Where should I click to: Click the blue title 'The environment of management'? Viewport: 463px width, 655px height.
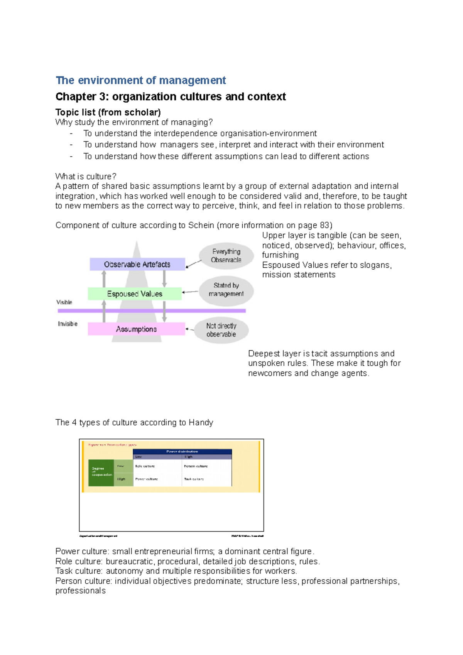(140, 80)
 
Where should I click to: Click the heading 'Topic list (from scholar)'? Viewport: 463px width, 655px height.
(108, 112)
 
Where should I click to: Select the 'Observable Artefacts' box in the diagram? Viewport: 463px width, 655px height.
(137, 264)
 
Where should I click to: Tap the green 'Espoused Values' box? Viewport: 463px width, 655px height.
(134, 294)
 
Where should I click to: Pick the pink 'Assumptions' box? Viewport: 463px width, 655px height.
(136, 329)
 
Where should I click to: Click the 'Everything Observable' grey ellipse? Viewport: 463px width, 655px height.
(226, 256)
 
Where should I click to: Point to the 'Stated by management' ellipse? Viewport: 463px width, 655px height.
(226, 290)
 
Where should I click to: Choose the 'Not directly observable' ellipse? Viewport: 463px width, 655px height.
(221, 330)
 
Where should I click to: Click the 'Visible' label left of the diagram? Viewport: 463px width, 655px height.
(64, 302)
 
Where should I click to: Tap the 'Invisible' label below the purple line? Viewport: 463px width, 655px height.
(68, 324)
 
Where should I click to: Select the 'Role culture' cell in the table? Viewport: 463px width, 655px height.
(145, 466)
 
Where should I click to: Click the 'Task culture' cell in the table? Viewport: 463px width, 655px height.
(194, 479)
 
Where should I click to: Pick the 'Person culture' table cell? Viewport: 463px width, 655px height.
(196, 466)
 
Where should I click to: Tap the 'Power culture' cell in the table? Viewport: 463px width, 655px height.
(146, 479)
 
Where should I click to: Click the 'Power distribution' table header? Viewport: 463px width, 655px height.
(182, 451)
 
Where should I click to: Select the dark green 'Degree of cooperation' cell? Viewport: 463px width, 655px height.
(101, 472)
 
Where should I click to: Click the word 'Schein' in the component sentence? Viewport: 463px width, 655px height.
(201, 225)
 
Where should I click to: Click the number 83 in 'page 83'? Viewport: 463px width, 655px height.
(324, 225)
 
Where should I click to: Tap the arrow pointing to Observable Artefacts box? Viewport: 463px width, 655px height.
(194, 264)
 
